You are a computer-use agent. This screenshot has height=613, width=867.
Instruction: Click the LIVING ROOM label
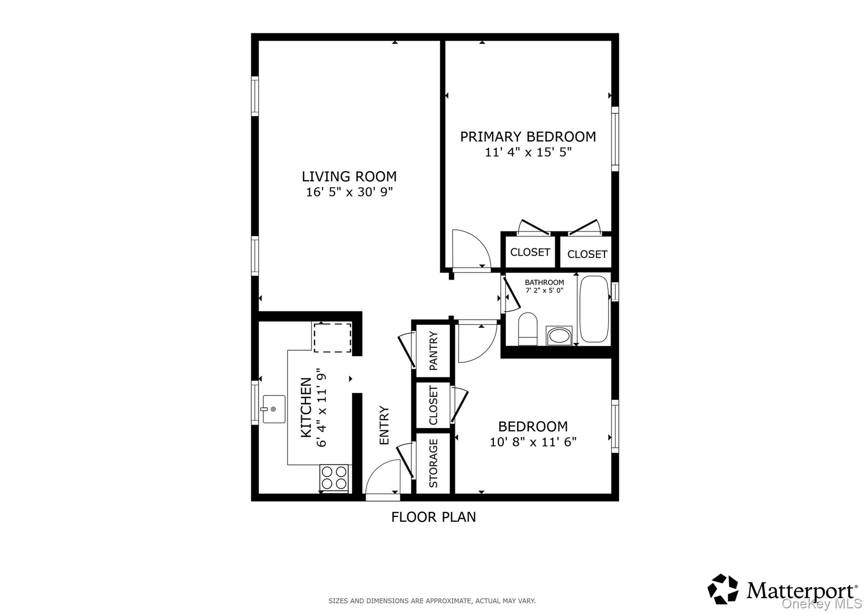pos(349,176)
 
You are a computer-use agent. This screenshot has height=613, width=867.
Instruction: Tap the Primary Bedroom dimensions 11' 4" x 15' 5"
pos(528,152)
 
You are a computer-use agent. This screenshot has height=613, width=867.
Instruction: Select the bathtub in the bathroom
pos(594,309)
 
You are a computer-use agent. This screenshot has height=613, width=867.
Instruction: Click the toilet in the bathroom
pos(527,329)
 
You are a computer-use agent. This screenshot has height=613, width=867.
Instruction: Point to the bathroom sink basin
pos(559,336)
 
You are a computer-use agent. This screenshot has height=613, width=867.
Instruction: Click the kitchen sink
pos(274,409)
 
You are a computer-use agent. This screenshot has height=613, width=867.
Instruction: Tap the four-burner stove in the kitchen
pos(334,478)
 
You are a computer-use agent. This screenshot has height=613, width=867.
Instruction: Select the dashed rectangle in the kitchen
pos(332,337)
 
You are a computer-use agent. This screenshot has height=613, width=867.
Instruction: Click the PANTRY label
pos(433,351)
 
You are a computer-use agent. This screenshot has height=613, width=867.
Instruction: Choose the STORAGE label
pos(433,463)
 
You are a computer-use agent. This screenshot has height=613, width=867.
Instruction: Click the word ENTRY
pos(384,425)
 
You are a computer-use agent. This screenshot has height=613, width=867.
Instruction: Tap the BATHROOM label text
pos(544,282)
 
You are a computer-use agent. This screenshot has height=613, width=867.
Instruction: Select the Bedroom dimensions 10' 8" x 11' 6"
pos(533,442)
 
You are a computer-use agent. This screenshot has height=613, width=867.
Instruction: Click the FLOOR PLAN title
pos(433,517)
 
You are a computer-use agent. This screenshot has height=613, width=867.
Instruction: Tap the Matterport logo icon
pos(723,588)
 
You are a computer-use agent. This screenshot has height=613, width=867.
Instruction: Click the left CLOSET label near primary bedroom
pos(530,252)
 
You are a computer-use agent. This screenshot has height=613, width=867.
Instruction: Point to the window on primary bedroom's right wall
pos(615,139)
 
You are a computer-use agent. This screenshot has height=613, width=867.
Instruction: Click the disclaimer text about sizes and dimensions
pos(432,601)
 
